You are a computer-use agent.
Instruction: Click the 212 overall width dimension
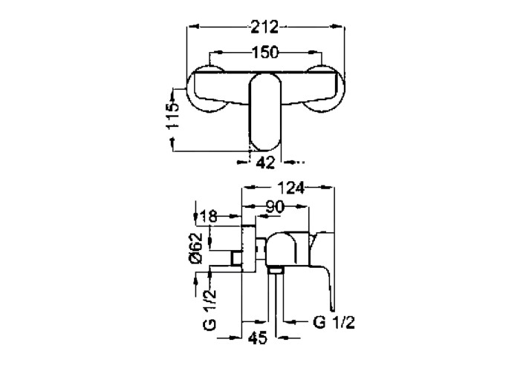coord(264,27)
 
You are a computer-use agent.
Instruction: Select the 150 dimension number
coord(265,53)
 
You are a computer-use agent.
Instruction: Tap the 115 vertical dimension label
coord(172,116)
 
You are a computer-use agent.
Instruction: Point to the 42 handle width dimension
coord(266,162)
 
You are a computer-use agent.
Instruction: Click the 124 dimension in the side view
coord(291,188)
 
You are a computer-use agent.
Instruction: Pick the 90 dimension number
coord(276,207)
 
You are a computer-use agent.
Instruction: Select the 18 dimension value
coord(209,217)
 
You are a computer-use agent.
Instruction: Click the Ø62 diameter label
coord(196,248)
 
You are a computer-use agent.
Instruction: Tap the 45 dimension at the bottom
coord(258,338)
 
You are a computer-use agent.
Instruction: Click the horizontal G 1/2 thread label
coord(334,322)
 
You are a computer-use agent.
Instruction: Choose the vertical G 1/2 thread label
coord(210,310)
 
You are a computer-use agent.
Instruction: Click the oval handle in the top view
coord(265,112)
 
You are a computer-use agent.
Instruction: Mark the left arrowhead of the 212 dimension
coord(192,27)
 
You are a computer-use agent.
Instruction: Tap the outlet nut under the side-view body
coord(276,271)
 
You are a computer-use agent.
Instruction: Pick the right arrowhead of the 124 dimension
coord(328,188)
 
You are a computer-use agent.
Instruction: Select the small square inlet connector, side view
coord(236,258)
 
